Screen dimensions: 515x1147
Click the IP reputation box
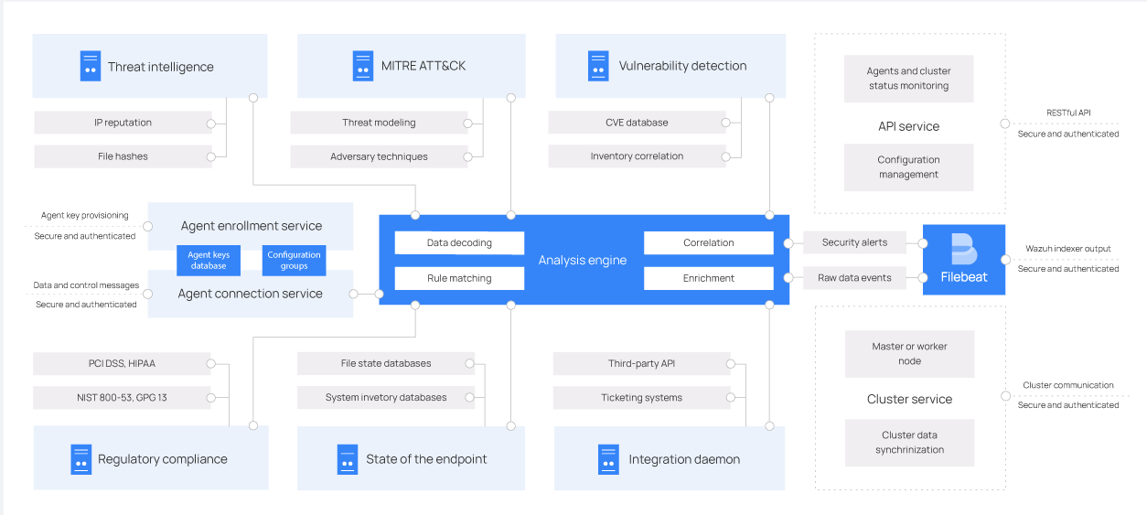pos(123,123)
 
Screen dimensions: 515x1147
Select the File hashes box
pos(123,156)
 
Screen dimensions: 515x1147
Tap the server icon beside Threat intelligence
pos(90,66)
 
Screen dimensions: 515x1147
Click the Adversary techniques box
pos(379,156)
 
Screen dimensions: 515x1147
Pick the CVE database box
pos(637,123)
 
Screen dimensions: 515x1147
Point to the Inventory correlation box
pos(637,156)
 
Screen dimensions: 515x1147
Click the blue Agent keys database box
pos(209,261)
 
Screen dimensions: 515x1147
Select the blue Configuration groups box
pos(295,261)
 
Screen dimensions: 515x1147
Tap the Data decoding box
pos(459,243)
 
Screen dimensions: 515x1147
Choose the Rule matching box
pos(459,278)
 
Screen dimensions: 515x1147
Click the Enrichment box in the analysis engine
pos(709,278)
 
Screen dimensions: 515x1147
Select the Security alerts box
pos(854,242)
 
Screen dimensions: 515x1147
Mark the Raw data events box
pos(854,278)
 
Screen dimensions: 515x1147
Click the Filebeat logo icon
pos(963,249)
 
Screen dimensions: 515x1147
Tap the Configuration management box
pos(908,167)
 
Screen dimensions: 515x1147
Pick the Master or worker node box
pos(909,354)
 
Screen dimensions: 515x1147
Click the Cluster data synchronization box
pos(909,443)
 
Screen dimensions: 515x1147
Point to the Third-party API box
pos(641,364)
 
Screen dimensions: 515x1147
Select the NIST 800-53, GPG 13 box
pos(122,398)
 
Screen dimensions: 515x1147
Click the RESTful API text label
pos(1068,113)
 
